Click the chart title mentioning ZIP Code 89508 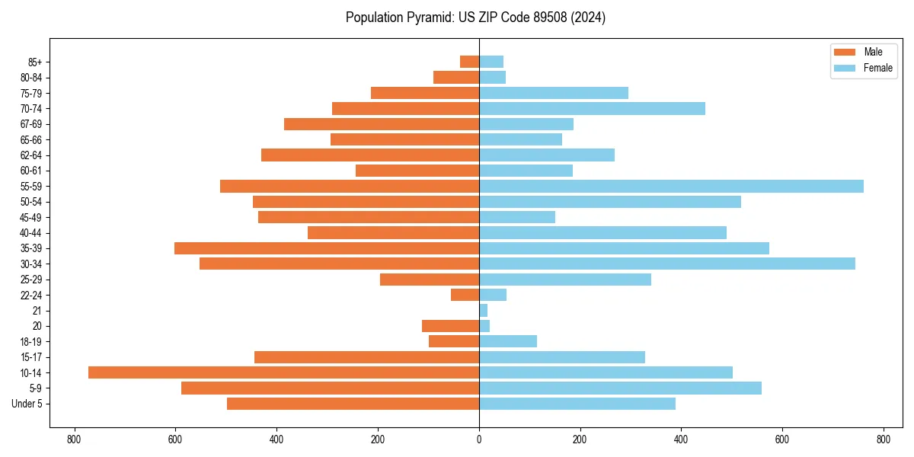tap(475, 18)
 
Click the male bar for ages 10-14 tap(283, 372)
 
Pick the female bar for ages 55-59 tap(671, 186)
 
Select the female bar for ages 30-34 tap(667, 264)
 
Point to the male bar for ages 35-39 tap(327, 248)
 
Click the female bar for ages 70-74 tap(592, 108)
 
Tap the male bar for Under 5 tap(353, 404)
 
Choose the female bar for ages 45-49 tap(517, 217)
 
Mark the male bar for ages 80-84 tap(456, 77)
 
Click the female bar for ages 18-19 tap(508, 341)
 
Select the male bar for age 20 tap(450, 326)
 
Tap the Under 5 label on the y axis tap(27, 404)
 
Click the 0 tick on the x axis tap(479, 439)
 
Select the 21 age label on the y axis tap(37, 311)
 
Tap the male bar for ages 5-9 tap(330, 388)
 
